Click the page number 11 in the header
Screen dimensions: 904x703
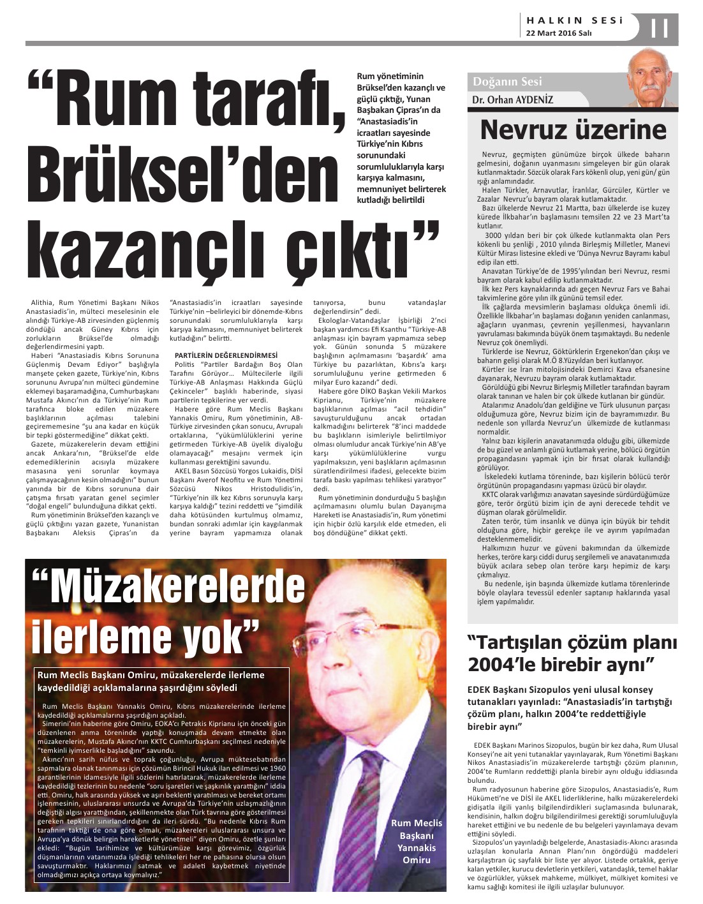659,29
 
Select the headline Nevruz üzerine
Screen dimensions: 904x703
573,130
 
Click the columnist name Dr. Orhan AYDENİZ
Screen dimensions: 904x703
512,100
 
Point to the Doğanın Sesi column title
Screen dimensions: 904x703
507,82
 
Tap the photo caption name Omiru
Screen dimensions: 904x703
416,860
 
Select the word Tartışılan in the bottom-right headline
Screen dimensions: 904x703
529,642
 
